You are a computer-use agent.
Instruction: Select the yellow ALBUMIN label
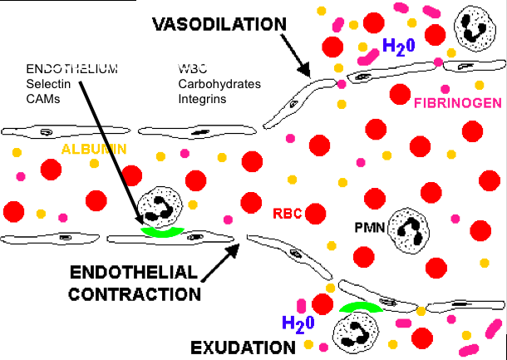coord(93,149)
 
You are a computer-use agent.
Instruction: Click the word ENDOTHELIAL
coord(133,274)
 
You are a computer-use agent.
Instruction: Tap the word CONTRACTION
coord(134,293)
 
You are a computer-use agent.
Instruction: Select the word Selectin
coord(46,83)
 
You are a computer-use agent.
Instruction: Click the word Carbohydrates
coord(219,83)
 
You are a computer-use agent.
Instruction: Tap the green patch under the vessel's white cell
coord(163,230)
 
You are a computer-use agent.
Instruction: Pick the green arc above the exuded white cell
coord(361,308)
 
